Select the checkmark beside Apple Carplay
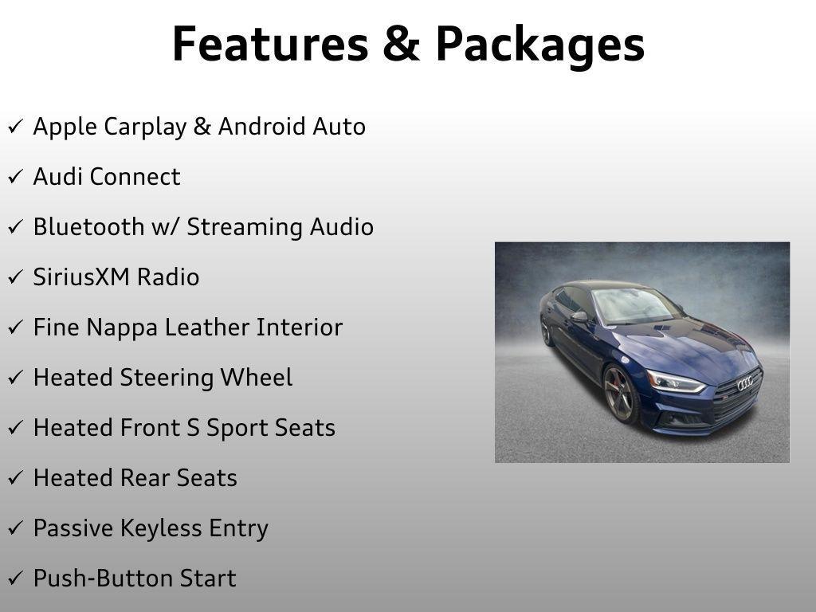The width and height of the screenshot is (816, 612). pyautogui.click(x=15, y=127)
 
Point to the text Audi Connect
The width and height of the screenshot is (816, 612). pyautogui.click(x=107, y=177)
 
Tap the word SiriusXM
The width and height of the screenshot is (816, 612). pyautogui.click(x=81, y=277)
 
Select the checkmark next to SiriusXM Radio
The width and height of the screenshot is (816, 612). pyautogui.click(x=15, y=278)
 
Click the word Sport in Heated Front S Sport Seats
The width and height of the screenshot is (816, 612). pyautogui.click(x=237, y=429)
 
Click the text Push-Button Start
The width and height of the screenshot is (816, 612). pyautogui.click(x=134, y=579)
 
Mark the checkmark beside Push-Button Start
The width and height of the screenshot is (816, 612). pyautogui.click(x=15, y=579)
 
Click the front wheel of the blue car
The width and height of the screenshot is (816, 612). pyautogui.click(x=620, y=394)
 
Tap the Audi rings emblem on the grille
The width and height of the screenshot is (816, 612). pyautogui.click(x=745, y=383)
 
